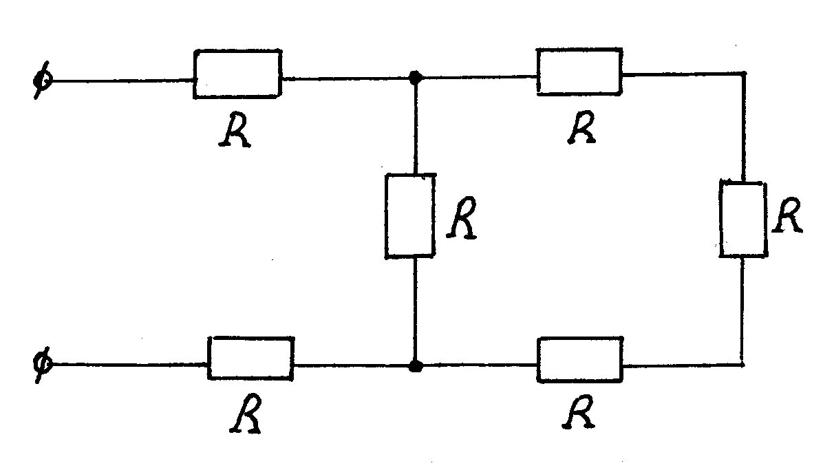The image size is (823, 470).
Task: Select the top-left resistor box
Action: (x=237, y=73)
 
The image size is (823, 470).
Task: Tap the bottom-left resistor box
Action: (x=250, y=358)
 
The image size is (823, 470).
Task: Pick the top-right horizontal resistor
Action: (x=579, y=71)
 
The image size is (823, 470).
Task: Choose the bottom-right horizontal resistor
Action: (x=580, y=359)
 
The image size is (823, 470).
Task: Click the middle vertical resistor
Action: (x=410, y=216)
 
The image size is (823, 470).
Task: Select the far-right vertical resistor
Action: (x=742, y=219)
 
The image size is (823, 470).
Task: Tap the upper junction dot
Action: (x=414, y=78)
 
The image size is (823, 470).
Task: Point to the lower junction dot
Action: (x=414, y=365)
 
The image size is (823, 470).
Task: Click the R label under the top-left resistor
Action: (x=235, y=131)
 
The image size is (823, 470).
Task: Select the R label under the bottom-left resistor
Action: (x=246, y=416)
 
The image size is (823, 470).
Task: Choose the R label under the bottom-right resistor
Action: (x=579, y=412)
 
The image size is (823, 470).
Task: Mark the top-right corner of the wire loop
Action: (x=744, y=74)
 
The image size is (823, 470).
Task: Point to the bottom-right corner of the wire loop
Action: (x=743, y=363)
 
